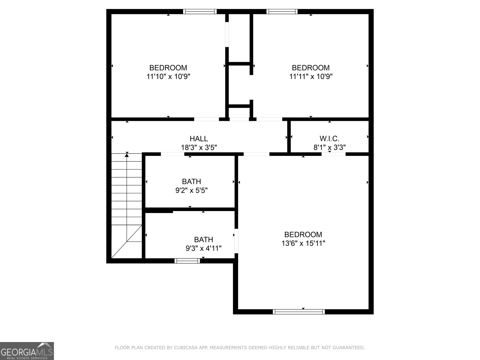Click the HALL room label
click(199, 139)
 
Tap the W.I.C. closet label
click(329, 139)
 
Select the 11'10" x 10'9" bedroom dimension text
click(168, 76)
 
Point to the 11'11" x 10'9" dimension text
click(311, 76)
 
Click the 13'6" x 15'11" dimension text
click(303, 243)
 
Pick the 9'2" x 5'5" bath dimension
click(191, 190)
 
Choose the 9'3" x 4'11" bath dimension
click(204, 248)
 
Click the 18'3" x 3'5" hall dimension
click(199, 148)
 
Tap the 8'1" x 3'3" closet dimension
click(330, 148)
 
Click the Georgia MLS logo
click(27, 351)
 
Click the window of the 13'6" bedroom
click(299, 312)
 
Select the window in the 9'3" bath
click(187, 261)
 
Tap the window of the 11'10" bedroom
click(200, 12)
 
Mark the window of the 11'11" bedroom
click(282, 12)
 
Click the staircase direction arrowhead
click(127, 155)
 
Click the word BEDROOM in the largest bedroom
click(303, 234)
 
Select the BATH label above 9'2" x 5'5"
click(191, 181)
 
